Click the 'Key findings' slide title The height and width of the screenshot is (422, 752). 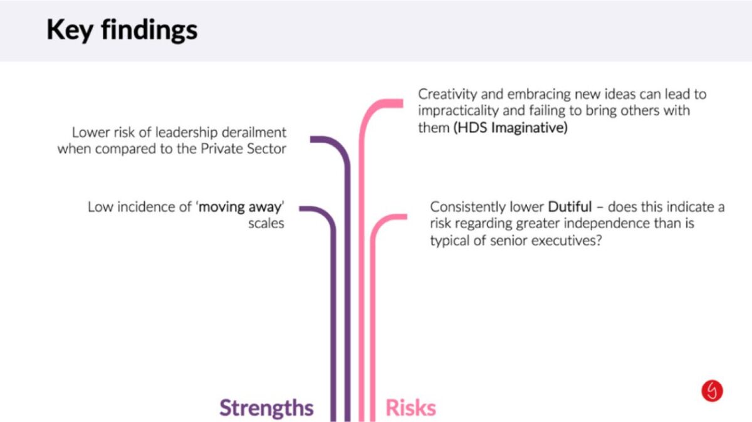coord(122,30)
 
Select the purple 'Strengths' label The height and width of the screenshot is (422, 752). coord(266,408)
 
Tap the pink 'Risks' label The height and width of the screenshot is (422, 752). coord(410,408)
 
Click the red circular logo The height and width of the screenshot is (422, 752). coord(712,391)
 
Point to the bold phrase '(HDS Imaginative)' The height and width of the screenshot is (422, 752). coord(510,128)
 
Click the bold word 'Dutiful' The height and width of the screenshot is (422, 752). coord(570,207)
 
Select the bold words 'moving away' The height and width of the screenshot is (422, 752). coord(240,207)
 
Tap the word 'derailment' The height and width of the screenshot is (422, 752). coord(254,132)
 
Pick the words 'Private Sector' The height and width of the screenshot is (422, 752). coord(243,149)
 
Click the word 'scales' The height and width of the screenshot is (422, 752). coord(266,223)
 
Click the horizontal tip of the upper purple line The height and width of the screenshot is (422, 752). coord(311,139)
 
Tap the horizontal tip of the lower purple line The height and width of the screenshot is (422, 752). coord(300,209)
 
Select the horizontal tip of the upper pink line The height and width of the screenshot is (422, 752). coord(402,103)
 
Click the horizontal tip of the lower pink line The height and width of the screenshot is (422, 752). coord(406,217)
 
